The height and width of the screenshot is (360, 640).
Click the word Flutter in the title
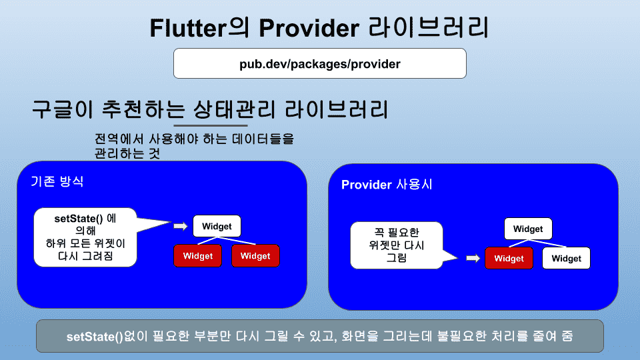(188, 28)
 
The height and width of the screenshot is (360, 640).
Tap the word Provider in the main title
(309, 28)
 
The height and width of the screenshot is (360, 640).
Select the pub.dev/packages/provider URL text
(319, 64)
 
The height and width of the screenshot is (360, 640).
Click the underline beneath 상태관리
(211, 125)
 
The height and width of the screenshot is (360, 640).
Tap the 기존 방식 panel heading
(57, 181)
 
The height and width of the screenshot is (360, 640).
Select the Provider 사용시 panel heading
(387, 185)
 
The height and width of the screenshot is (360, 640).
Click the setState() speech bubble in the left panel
(85, 237)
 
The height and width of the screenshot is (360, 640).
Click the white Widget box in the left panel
(217, 226)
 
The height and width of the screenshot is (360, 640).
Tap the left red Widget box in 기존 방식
(197, 256)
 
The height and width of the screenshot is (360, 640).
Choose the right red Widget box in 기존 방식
(255, 256)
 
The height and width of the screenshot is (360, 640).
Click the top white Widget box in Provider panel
(528, 229)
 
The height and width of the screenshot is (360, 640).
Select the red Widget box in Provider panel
(509, 259)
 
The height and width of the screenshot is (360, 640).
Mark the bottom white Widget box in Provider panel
(566, 259)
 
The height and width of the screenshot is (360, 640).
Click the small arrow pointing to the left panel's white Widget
(181, 226)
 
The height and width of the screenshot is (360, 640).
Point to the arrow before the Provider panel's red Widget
(473, 258)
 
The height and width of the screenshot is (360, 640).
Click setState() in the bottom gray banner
(95, 337)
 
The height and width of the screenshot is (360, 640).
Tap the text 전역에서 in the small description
(119, 139)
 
